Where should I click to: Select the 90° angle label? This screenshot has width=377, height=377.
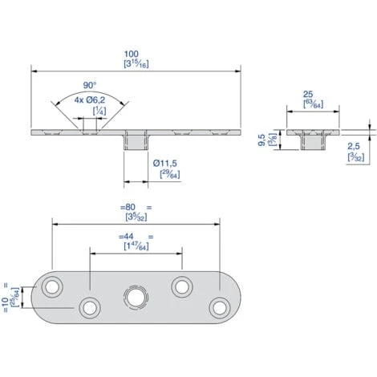coord(88,85)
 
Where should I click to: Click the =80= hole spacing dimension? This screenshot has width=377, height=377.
coord(134,207)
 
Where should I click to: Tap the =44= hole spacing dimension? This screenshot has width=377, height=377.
coord(134,237)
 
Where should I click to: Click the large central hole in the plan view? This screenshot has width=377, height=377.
coord(134,297)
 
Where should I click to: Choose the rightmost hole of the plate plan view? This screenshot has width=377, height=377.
coord(218,306)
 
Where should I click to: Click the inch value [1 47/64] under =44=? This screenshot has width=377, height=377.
coord(134,247)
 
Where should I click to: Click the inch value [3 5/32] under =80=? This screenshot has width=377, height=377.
coord(134,217)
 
